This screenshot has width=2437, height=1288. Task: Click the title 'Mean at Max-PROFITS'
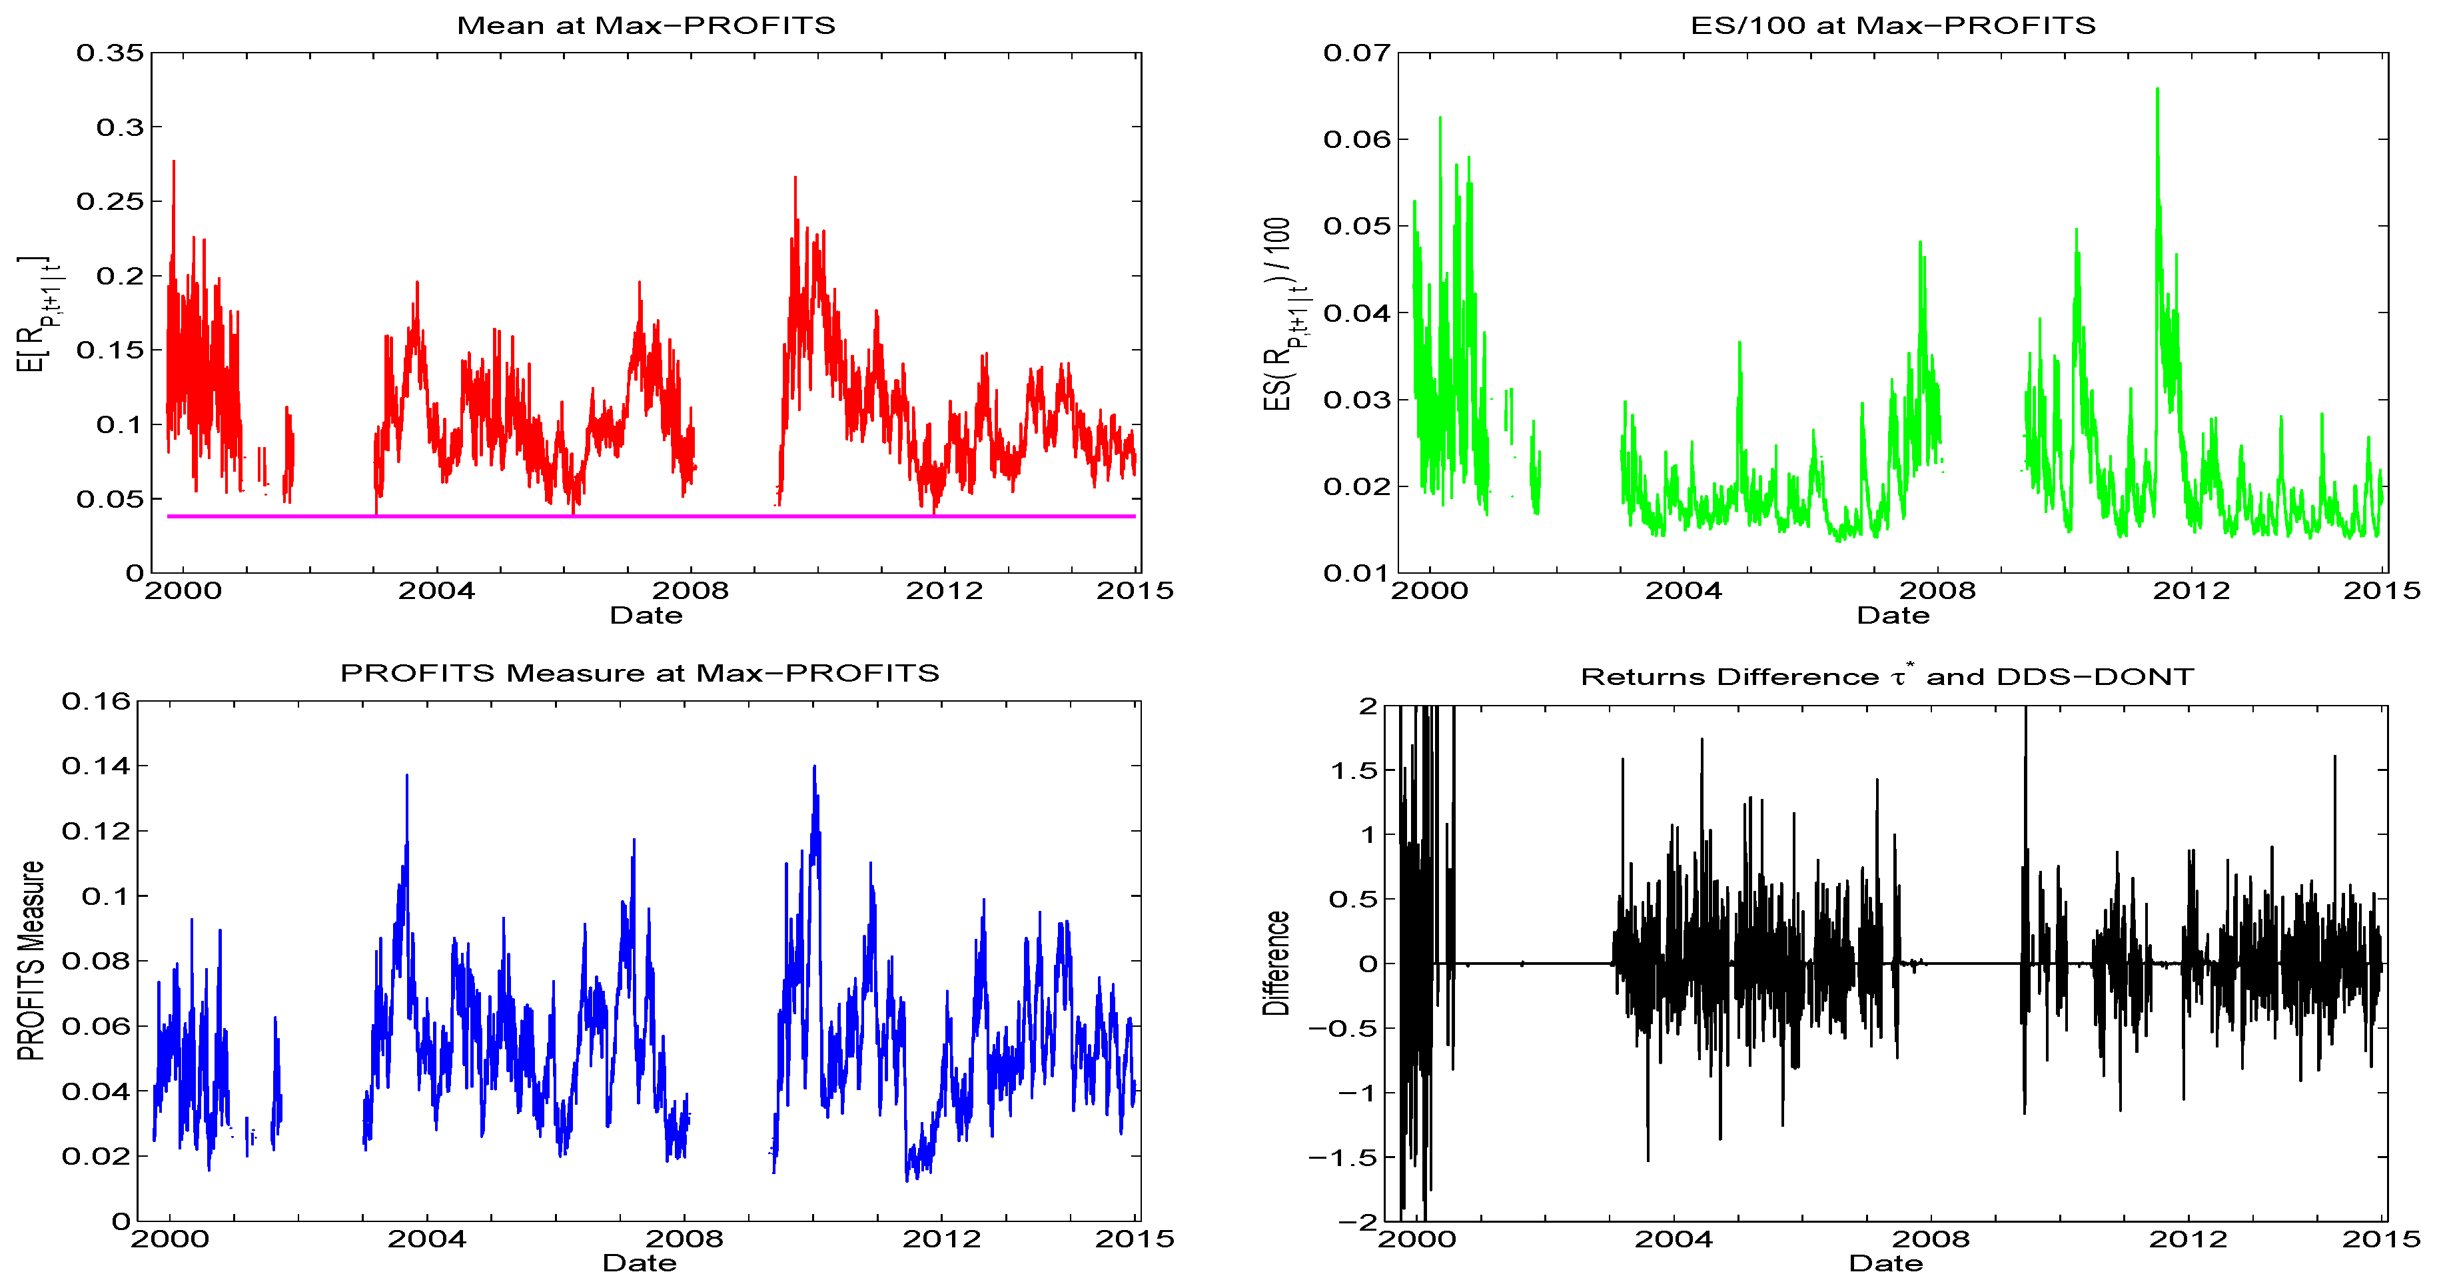(646, 25)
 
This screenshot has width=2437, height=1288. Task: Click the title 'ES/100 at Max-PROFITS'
(1893, 25)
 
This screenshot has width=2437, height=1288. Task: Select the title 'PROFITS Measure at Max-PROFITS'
(640, 673)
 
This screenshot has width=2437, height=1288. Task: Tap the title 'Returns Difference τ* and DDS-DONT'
(1887, 676)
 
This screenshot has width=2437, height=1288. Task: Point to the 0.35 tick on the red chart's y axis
(110, 53)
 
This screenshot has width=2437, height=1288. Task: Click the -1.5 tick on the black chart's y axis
(1342, 1157)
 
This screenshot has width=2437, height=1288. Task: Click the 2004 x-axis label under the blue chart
(426, 1239)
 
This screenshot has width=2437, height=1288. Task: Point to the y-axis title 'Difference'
(1276, 962)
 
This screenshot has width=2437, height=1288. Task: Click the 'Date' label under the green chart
(1893, 616)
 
